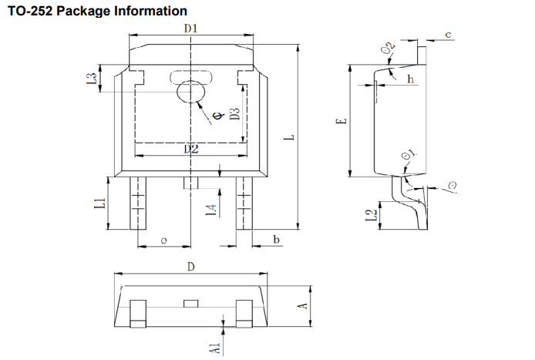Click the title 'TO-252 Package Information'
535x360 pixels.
tap(97, 12)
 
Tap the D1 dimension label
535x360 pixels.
tap(191, 29)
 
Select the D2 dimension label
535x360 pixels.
tap(191, 149)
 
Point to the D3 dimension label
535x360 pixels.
tap(235, 117)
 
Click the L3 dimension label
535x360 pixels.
tap(91, 79)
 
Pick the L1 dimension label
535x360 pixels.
tap(99, 204)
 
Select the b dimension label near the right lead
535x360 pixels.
tap(276, 241)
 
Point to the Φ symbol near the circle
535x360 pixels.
tap(217, 117)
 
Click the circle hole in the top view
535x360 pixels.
tap(190, 93)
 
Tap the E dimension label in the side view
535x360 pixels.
tap(343, 121)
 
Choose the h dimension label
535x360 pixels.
tap(410, 79)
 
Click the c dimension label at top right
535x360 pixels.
tap(448, 35)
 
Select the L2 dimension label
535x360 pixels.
tap(371, 216)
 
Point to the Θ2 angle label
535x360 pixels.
tap(389, 50)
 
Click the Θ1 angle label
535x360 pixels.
tap(409, 157)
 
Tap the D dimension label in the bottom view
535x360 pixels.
tap(190, 267)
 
